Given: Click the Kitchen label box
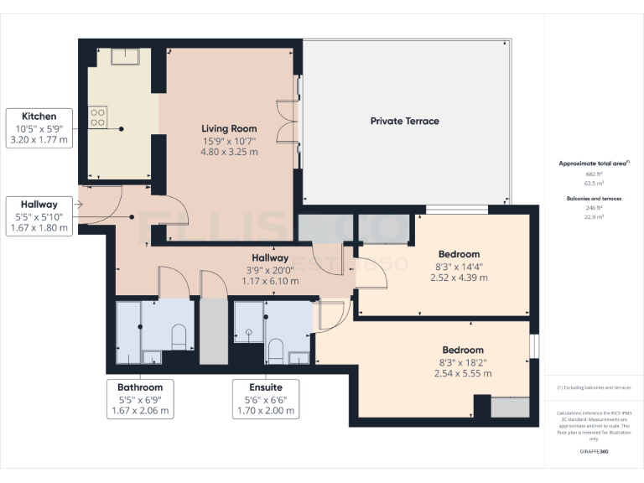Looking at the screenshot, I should click(x=39, y=128).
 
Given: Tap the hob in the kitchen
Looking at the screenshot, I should click(x=98, y=117).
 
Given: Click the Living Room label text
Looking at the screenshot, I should click(x=228, y=128).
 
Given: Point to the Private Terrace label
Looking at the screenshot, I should click(x=404, y=121).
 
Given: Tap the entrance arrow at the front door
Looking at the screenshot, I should click(x=80, y=203).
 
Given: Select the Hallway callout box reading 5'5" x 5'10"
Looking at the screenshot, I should click(x=39, y=216).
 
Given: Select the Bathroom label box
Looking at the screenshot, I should click(x=140, y=399).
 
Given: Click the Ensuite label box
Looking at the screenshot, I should click(x=266, y=399).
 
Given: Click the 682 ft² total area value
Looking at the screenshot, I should click(x=594, y=174).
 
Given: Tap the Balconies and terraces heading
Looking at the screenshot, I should click(x=594, y=199).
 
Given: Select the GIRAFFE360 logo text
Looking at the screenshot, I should click(x=594, y=451).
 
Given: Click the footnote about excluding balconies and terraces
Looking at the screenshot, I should click(x=594, y=387).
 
